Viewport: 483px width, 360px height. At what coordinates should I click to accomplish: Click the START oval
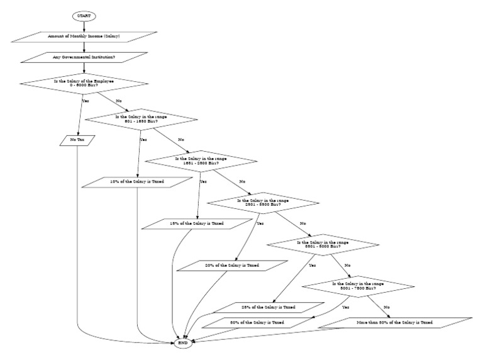click(84, 14)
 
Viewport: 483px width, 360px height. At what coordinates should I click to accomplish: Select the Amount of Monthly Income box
click(84, 37)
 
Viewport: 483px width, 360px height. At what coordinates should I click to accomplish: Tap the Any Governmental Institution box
click(84, 58)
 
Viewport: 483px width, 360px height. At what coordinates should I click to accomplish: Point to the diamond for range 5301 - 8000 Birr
click(323, 244)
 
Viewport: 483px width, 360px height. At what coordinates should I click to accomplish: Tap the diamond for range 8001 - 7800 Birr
click(358, 286)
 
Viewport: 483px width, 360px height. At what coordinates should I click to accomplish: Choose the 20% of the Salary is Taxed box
click(228, 266)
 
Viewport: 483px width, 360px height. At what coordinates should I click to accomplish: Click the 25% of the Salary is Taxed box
click(264, 307)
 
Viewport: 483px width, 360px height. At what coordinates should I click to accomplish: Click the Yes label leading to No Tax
click(86, 100)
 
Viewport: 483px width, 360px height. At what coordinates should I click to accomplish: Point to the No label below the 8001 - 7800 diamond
click(387, 307)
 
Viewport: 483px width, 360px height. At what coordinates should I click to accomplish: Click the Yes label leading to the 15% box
click(203, 181)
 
